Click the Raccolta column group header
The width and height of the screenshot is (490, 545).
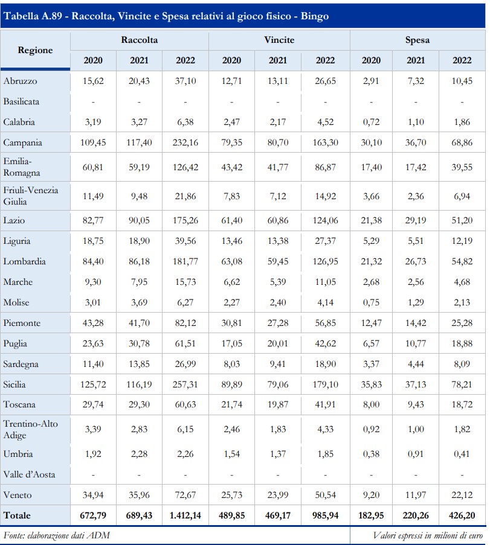point(139,40)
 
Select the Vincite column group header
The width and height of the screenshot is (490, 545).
point(279,40)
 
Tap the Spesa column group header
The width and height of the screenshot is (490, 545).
point(417,40)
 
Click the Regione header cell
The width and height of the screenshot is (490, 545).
point(35,50)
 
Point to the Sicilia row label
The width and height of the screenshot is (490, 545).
point(16,384)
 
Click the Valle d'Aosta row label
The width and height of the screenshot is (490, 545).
point(29,474)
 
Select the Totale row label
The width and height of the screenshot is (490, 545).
point(17,515)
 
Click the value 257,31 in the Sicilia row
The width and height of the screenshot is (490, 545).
point(185,384)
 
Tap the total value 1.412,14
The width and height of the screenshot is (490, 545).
point(185,515)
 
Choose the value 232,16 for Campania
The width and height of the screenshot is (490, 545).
point(185,142)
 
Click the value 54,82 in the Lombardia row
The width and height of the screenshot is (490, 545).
point(462,261)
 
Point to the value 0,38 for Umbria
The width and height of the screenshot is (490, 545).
point(371,454)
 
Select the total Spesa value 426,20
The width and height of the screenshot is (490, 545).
point(462,515)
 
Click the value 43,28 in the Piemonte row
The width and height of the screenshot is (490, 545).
point(92,323)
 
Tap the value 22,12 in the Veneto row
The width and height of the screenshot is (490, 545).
point(462,495)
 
